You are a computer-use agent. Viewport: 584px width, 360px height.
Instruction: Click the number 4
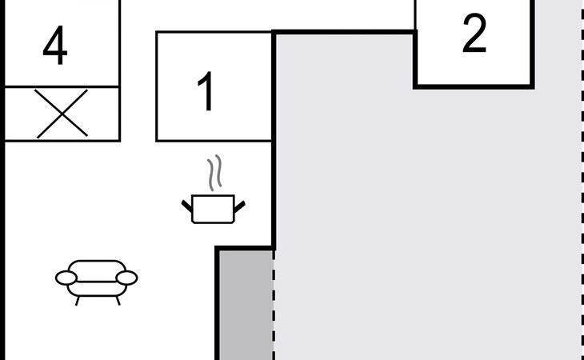click(x=54, y=47)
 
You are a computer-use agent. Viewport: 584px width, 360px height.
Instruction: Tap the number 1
click(x=206, y=92)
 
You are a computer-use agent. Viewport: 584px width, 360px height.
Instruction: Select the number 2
click(x=474, y=34)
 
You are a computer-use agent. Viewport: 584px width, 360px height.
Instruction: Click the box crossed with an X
click(x=62, y=114)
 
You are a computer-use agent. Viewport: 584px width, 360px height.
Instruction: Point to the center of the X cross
click(x=62, y=114)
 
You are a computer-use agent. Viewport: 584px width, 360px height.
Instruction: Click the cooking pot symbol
click(x=213, y=208)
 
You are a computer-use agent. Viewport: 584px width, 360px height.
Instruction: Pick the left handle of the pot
click(x=187, y=206)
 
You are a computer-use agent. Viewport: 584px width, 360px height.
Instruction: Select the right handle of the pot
click(x=238, y=206)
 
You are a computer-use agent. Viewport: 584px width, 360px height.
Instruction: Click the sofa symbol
click(x=97, y=278)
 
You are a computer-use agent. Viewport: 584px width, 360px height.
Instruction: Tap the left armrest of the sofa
click(x=66, y=278)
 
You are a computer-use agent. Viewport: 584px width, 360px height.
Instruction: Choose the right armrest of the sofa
click(x=126, y=278)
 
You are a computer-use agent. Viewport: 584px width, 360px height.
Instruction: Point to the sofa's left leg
click(x=77, y=300)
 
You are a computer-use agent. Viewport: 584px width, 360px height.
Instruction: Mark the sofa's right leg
click(x=118, y=300)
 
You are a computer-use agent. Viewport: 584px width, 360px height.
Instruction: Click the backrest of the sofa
click(x=97, y=265)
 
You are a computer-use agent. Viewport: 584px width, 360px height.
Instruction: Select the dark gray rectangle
click(x=246, y=304)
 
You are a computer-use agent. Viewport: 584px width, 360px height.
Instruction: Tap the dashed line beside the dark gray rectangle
click(x=274, y=304)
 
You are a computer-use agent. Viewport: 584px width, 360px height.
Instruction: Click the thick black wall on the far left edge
click(x=2, y=240)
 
